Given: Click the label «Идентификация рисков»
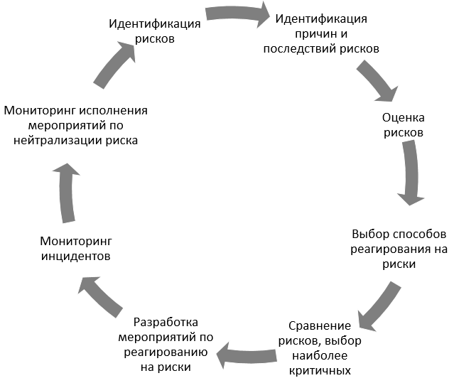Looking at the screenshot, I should pos(154,31).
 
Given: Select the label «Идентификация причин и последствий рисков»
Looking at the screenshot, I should pos(320,33).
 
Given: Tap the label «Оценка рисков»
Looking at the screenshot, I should pos(403,125).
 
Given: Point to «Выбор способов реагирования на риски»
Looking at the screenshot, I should pos(398,249).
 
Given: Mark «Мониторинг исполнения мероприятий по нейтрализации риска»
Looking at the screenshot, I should pos(75,125).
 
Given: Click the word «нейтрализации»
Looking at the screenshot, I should pos(65,140).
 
